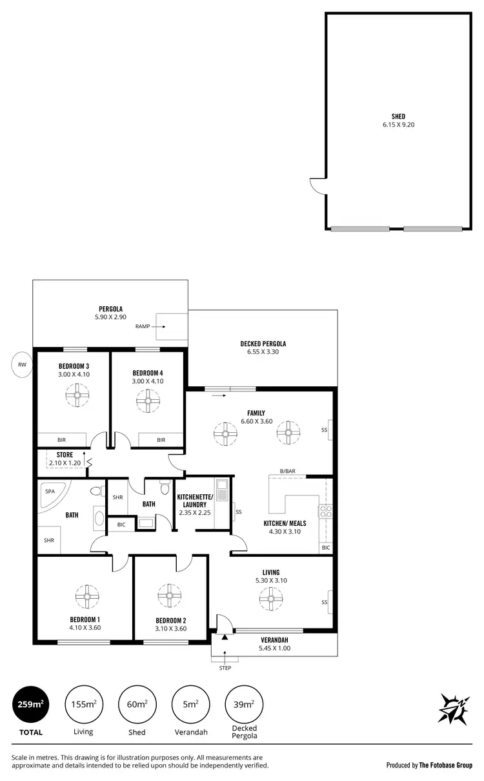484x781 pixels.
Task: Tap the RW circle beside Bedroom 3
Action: point(23,364)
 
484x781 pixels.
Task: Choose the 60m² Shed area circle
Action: point(136,703)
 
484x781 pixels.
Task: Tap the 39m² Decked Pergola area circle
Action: point(243,703)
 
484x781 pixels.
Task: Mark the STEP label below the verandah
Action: point(225,668)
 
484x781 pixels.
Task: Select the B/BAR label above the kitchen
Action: point(287,472)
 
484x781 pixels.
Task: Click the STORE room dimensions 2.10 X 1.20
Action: point(65,463)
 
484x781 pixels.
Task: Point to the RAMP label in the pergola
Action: point(143,326)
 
